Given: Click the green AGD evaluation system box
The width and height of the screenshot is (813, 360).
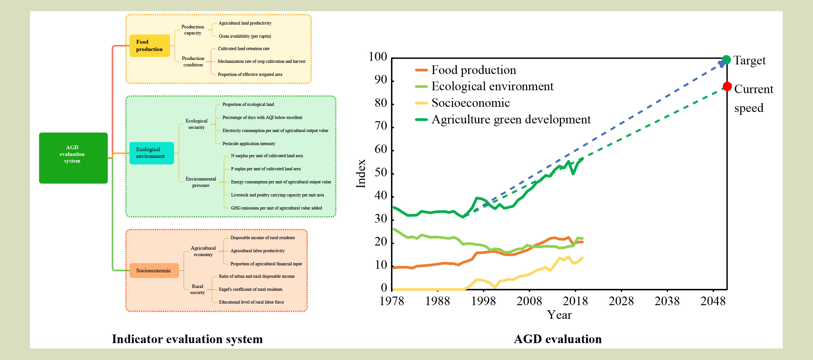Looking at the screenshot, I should click(73, 158).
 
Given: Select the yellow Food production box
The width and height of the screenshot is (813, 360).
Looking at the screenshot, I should click(149, 46).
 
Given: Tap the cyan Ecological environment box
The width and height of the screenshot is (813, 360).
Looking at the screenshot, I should click(151, 153).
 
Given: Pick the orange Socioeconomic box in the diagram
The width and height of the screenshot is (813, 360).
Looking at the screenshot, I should click(154, 270).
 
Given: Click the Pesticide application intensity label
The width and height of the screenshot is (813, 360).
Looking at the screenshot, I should click(249, 143).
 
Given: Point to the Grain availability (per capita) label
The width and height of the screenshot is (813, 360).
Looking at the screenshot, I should click(245, 36).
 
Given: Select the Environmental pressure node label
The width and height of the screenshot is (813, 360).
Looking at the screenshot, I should click(201, 182).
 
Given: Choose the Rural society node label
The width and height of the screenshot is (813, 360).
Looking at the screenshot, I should click(198, 289).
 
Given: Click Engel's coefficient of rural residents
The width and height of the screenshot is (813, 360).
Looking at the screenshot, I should click(250, 289).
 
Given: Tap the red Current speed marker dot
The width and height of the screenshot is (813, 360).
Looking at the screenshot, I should click(727, 86).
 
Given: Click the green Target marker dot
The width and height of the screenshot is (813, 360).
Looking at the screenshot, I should click(726, 60).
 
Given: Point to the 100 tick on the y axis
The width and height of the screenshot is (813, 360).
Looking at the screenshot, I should click(378, 57).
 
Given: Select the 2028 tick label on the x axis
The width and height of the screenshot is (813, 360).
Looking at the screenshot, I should click(621, 301).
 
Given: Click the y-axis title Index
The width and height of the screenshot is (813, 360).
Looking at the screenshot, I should click(361, 173).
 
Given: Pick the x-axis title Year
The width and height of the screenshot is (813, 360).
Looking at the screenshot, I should click(559, 315).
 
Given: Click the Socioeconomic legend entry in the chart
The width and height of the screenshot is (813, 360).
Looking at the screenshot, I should click(470, 103).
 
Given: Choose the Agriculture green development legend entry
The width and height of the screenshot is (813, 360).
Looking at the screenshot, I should click(511, 119).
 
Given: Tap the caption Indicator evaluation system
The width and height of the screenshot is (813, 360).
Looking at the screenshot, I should click(187, 339).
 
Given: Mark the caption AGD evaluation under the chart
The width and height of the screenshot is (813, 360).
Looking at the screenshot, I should click(558, 339).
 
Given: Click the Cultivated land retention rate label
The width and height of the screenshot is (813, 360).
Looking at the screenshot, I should click(243, 48).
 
